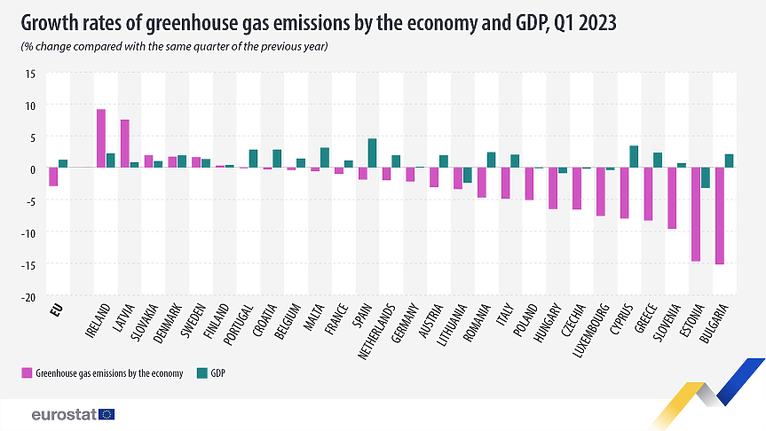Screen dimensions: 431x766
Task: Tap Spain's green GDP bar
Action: [x=372, y=153]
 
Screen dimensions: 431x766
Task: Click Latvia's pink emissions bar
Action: [x=125, y=145]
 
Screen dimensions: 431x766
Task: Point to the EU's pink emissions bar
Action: [x=53, y=177]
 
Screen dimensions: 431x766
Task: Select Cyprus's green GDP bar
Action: [x=634, y=157]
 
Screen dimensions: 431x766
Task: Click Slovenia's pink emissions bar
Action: [x=672, y=199]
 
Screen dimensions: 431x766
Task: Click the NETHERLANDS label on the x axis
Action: [x=380, y=325]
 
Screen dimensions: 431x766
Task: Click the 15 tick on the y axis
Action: [x=29, y=74]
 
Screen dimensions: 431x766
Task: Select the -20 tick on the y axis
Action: [x=28, y=296]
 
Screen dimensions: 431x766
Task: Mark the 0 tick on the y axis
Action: [x=32, y=169]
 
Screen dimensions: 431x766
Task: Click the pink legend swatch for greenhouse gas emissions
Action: [x=26, y=373]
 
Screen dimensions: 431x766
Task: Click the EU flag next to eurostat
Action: [x=107, y=414]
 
